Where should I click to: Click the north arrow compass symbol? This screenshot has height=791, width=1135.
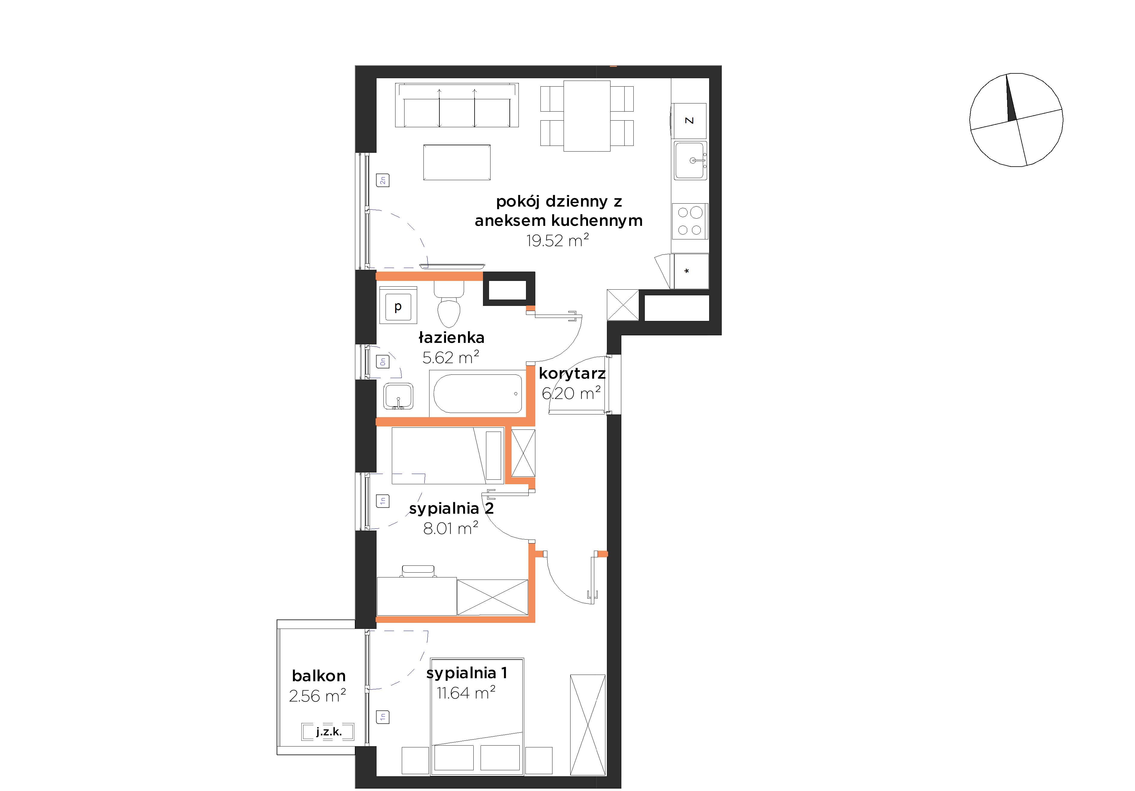pos(1017,120)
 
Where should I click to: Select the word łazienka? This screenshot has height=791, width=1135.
pos(451,338)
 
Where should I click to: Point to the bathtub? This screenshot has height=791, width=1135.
pos(478,393)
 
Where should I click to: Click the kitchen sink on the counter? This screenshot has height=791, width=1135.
pos(691,160)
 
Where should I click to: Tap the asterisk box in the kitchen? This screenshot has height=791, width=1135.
pos(690,271)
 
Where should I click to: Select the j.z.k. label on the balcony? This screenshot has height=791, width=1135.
pos(329,732)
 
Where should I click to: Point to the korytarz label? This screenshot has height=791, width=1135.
pos(572,374)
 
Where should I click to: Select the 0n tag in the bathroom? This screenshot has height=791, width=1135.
pos(383,362)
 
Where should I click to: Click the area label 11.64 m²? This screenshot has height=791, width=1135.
pos(466,693)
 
